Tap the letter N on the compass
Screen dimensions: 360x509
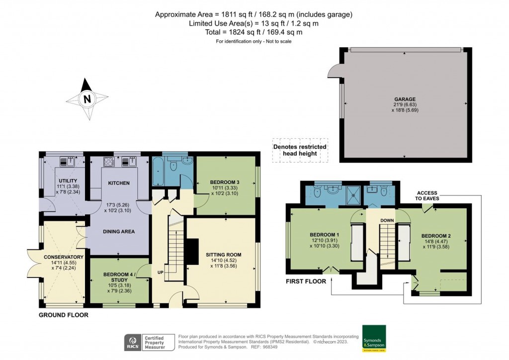click(x=87, y=99)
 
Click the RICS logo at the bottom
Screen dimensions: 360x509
click(x=132, y=342)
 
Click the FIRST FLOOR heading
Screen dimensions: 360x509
click(x=306, y=281)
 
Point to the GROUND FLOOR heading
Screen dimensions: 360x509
click(x=64, y=315)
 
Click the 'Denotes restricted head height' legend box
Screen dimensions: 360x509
click(x=300, y=150)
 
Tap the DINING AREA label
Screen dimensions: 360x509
click(x=118, y=231)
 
